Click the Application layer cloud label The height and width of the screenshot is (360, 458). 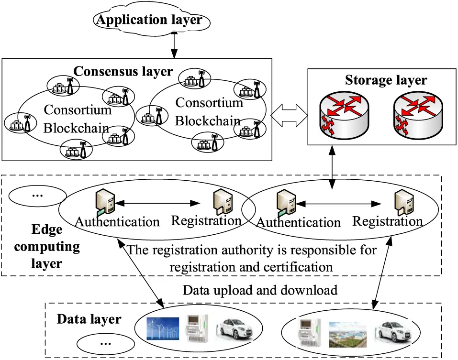(x=150, y=20)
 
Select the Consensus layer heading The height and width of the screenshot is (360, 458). (x=123, y=72)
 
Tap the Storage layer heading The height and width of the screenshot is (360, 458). (x=386, y=80)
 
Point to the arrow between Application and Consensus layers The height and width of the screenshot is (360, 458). (x=174, y=46)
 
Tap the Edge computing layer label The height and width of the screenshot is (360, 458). (x=47, y=247)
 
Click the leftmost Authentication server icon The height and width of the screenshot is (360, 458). (x=105, y=200)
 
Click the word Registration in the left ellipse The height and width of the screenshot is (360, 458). (x=206, y=221)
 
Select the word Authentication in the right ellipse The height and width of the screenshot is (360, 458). (x=299, y=222)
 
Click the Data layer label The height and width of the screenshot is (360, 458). (x=89, y=319)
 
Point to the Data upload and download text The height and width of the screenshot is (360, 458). (x=260, y=290)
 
